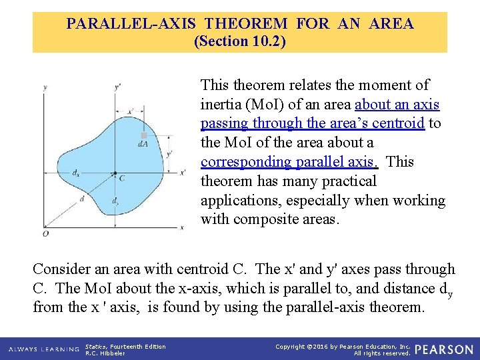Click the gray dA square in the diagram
point(143,135)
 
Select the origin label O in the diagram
point(45,233)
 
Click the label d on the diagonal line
point(81,198)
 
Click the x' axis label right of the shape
point(183,173)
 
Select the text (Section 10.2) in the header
point(239,41)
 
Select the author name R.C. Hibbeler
point(105,353)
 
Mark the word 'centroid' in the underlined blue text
point(398,124)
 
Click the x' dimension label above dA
point(131,111)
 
